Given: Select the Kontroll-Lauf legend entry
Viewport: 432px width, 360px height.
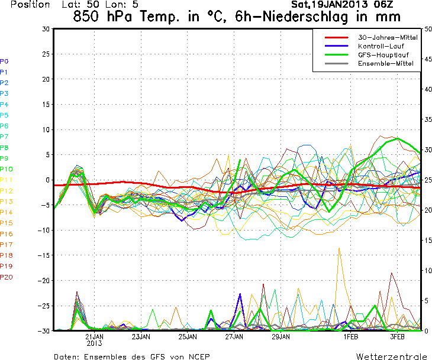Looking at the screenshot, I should click(x=380, y=46).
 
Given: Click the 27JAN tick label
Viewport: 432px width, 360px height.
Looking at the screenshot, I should click(x=235, y=336).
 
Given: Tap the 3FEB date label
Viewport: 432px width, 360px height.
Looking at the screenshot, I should click(x=396, y=336).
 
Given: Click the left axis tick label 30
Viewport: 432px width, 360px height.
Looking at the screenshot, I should click(x=46, y=28).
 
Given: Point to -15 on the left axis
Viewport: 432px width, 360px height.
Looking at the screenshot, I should click(x=43, y=255).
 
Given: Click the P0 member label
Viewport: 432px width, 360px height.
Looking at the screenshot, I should click(x=4, y=61).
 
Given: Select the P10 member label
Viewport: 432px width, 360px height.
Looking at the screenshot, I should click(x=6, y=169).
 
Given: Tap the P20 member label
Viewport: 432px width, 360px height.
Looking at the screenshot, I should click(x=6, y=277).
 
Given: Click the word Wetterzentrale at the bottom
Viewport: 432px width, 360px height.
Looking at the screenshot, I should click(x=391, y=356).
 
